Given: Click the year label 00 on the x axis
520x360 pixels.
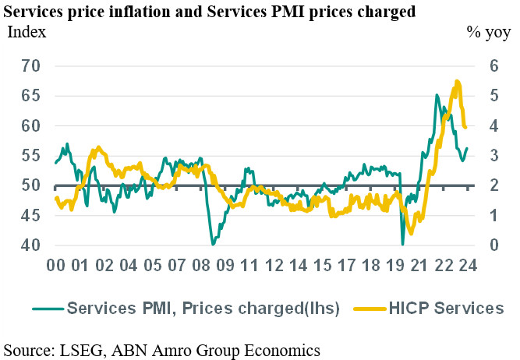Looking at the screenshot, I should tap(55, 266).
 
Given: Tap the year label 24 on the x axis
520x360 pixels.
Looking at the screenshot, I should tap(469, 266).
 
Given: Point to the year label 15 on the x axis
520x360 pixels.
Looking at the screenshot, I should tap(322, 266).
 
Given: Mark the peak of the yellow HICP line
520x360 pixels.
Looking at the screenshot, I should tap(457, 81).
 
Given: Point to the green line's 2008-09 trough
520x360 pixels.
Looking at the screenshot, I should tap(213, 244).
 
